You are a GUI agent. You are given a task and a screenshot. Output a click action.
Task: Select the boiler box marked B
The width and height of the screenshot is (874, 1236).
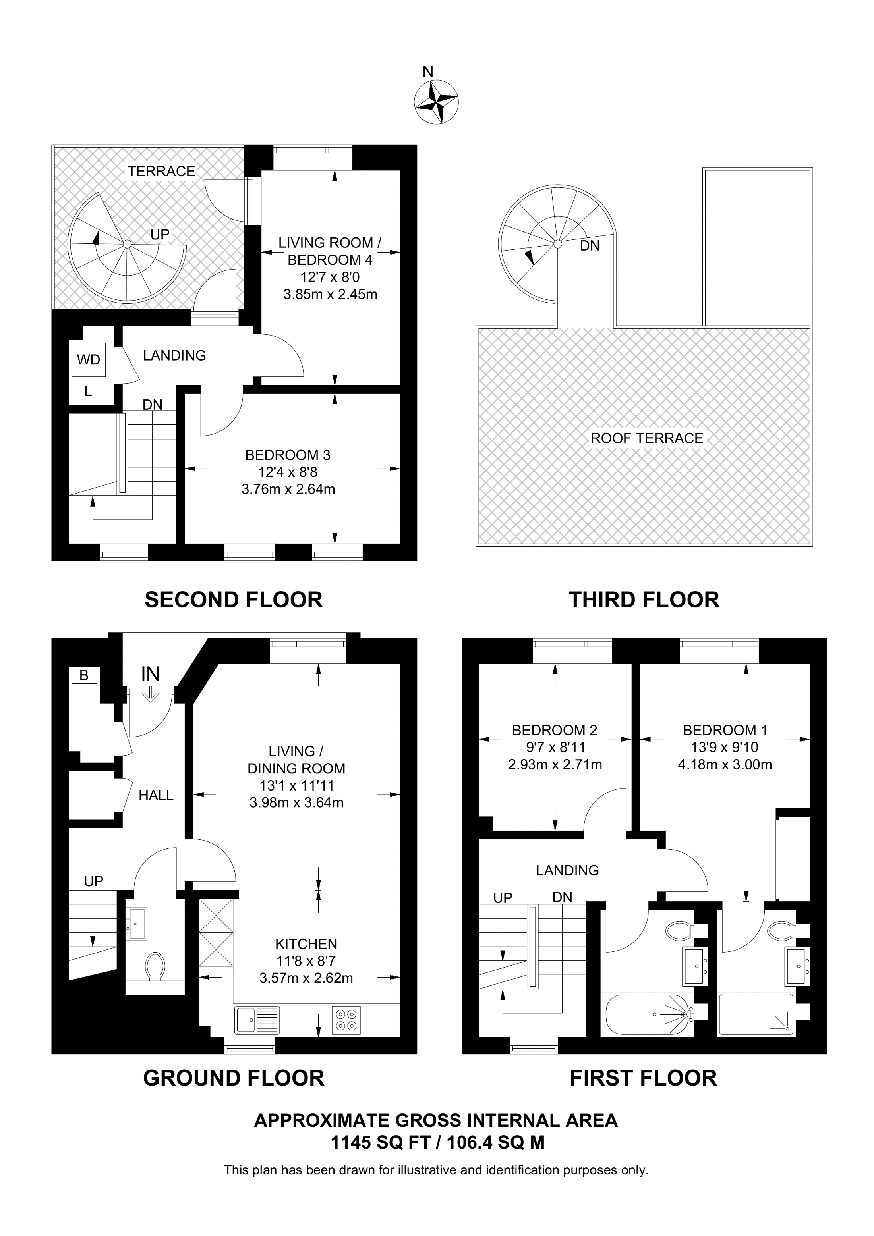tap(84, 675)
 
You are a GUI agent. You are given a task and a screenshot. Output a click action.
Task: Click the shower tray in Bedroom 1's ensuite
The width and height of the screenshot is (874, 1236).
tap(756, 1014)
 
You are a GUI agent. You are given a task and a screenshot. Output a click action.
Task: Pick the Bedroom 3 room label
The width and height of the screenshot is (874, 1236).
tap(288, 455)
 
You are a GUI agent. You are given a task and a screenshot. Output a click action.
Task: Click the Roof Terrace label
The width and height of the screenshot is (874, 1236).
tap(647, 438)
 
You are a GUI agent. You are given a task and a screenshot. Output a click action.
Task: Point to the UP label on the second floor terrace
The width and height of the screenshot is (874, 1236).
tap(160, 235)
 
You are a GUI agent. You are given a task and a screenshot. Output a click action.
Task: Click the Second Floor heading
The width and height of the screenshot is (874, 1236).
tap(234, 600)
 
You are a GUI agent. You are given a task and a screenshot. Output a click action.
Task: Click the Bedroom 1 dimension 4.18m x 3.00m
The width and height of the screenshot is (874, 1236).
tap(725, 764)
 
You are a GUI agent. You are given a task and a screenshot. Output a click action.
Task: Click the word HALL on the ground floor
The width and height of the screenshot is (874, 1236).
tap(156, 796)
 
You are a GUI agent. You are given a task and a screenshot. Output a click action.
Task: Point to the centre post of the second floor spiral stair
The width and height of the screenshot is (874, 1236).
tap(127, 244)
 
